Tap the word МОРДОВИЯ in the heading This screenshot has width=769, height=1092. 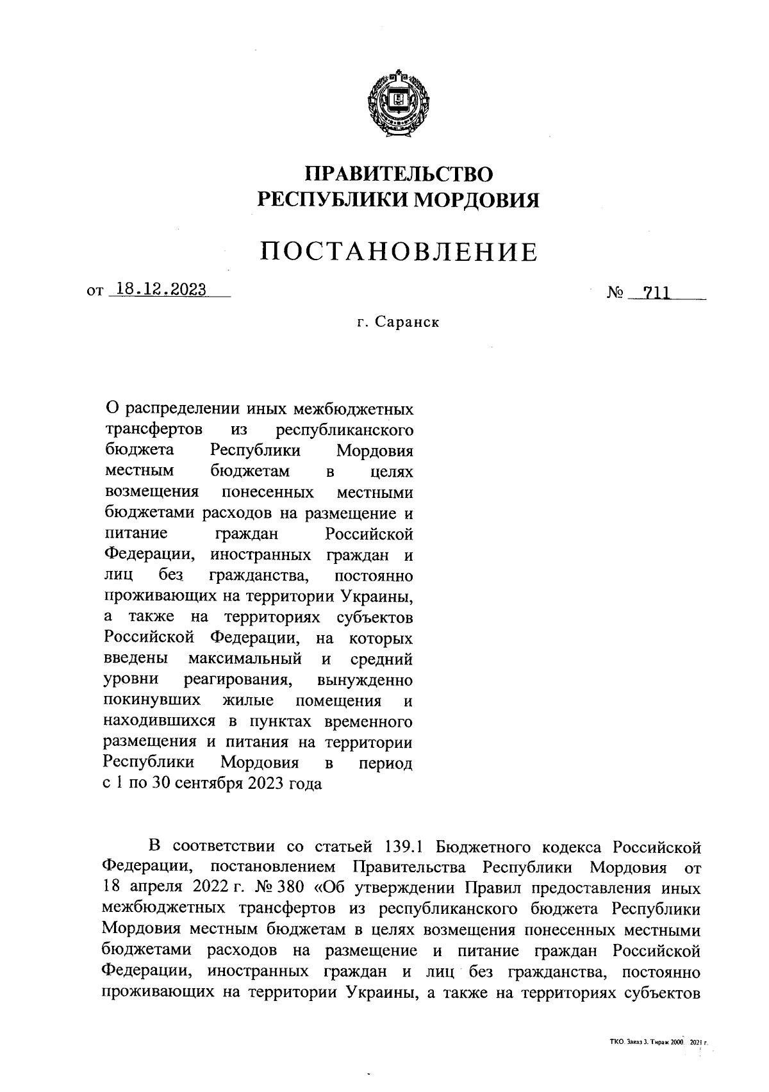[x=474, y=201]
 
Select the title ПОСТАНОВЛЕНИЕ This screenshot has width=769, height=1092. [x=398, y=252]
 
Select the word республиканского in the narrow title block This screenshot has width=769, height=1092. [x=343, y=429]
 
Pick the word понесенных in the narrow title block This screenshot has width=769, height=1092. [x=267, y=492]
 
